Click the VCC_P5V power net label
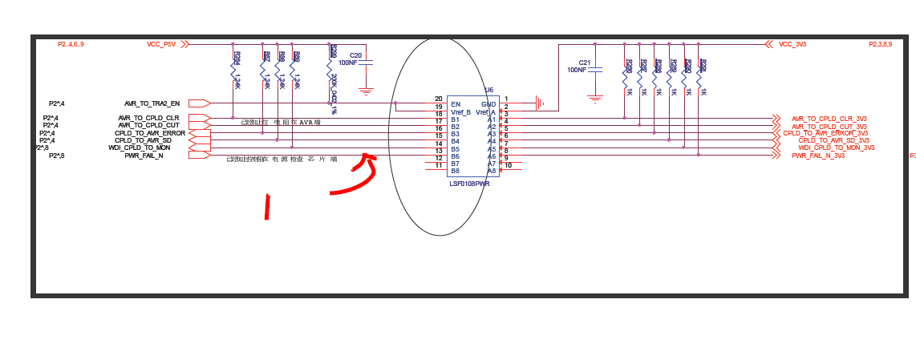coord(161,44)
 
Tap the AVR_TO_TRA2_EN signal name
coord(152,103)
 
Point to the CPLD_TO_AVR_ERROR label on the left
coord(149,133)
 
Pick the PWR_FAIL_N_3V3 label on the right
coord(818,156)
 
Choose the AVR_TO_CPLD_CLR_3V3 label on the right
coord(829,119)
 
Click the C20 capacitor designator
coord(355,55)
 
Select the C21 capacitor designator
coord(584,63)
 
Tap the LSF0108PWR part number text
coord(469,184)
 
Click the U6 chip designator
coord(489,91)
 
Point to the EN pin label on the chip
coord(456,104)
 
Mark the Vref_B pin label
coord(460,112)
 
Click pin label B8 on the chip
coord(455,171)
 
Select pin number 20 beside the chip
coord(438,99)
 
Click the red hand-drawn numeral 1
coord(267,206)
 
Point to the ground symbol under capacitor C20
coord(366,91)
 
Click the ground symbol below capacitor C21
coord(594,99)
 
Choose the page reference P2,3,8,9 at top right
coord(880,44)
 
